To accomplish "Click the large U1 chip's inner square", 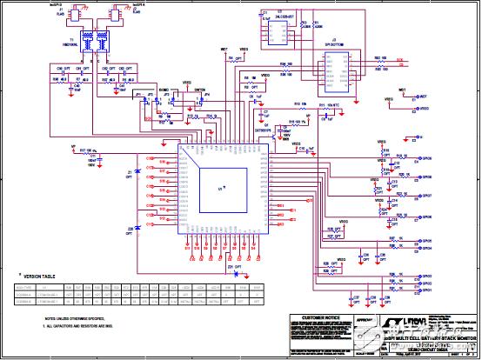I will [221, 185].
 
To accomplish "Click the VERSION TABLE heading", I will [39, 275].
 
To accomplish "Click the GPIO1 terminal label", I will [425, 290].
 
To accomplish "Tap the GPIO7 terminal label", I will [425, 197].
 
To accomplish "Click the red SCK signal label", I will [400, 59].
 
